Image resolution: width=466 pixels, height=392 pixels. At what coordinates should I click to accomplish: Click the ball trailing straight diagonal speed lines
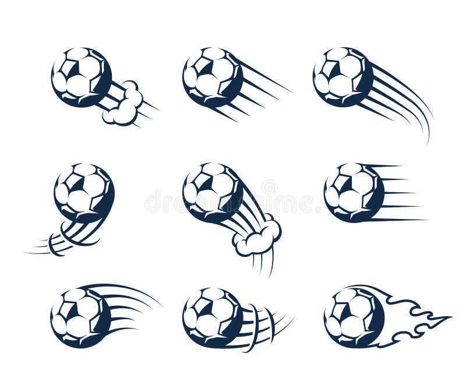212,77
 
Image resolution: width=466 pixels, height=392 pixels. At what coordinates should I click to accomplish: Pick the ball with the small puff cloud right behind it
81,77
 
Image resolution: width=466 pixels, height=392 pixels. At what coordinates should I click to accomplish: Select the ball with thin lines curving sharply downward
343,77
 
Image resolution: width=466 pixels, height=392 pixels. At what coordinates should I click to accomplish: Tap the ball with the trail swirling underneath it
84,192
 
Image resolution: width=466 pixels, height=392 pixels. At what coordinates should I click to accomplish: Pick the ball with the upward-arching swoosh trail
80,317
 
